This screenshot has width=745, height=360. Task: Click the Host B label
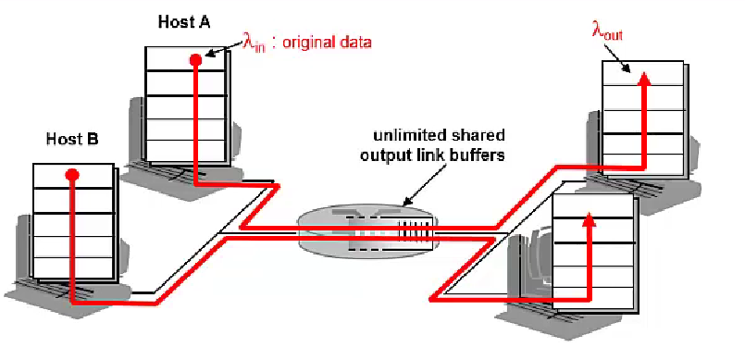pos(72,140)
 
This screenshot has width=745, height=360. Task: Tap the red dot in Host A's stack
pos(195,60)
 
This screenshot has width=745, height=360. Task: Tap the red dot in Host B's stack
pos(72,174)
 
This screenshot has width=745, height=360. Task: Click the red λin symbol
pos(253,43)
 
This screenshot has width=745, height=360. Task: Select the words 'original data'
pos(329,43)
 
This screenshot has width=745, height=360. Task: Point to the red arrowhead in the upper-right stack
pos(645,78)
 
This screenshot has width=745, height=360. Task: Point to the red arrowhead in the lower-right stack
pos(589,220)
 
